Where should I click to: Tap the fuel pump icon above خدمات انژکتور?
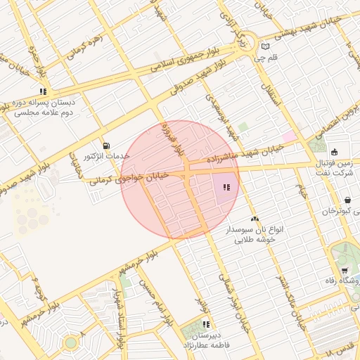tap(105, 145)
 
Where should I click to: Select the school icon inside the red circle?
tap(226, 187)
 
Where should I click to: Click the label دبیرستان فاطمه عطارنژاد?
tap(207, 340)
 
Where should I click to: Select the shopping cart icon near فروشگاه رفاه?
tap(344, 271)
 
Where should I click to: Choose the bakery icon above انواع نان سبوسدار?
tap(255, 219)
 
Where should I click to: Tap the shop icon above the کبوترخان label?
tap(347, 200)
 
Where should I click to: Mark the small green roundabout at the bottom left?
tap(70, 342)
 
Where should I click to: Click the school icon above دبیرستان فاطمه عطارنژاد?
tap(207, 324)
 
